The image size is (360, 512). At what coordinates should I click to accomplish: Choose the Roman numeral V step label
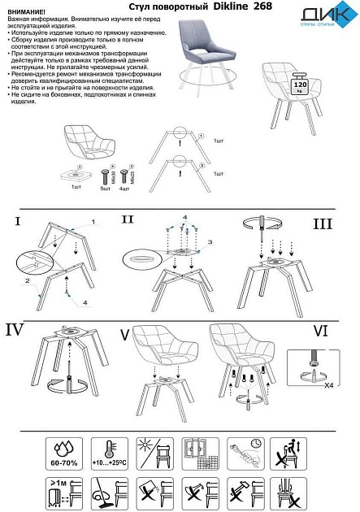(x=124, y=333)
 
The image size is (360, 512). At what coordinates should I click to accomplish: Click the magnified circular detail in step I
(x=33, y=267)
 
